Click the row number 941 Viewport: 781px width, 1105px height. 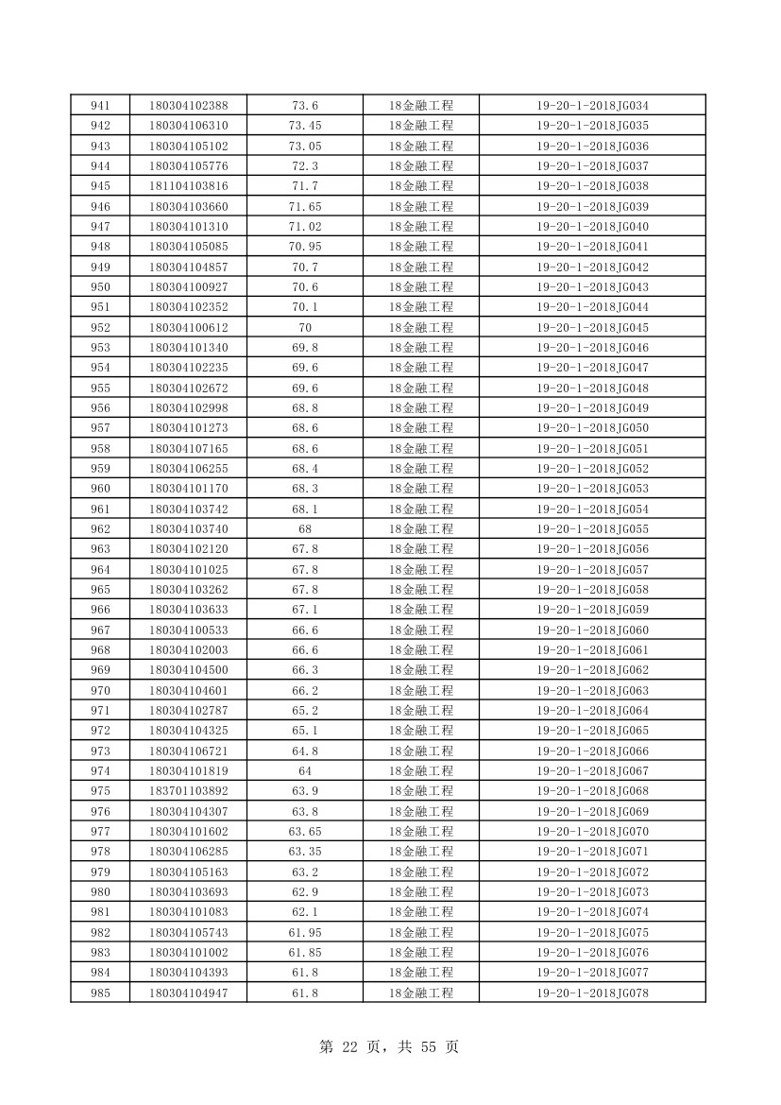coord(100,106)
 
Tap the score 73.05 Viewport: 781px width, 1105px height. coord(305,147)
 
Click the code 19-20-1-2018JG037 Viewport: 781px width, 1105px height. coord(592,166)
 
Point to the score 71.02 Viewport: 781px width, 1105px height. coord(305,227)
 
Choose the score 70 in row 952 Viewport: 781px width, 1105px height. coord(305,328)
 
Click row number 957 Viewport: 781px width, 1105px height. coord(100,428)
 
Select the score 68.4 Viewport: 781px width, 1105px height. coord(305,469)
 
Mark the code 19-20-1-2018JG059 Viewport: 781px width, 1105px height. coord(592,610)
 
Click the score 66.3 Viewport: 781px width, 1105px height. coord(305,670)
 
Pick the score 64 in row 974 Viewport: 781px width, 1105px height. coord(305,771)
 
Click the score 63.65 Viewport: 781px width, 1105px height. coord(305,832)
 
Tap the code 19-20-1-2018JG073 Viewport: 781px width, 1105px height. coord(592,892)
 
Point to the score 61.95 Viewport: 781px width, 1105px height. coord(305,933)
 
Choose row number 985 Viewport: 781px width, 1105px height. coord(100,993)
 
